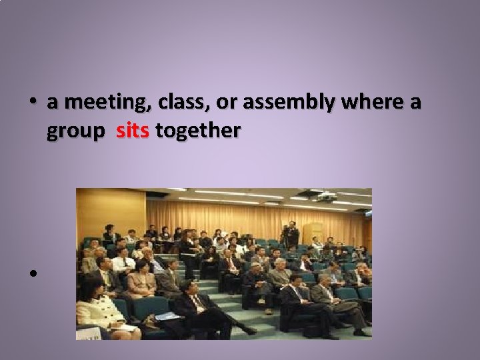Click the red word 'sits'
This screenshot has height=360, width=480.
tap(133, 131)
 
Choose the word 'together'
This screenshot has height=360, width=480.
tap(197, 131)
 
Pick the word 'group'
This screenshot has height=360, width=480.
tap(75, 131)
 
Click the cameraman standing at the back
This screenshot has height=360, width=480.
tap(291, 235)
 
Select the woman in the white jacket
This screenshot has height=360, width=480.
tap(97, 307)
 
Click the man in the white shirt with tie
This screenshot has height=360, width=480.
tap(123, 263)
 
